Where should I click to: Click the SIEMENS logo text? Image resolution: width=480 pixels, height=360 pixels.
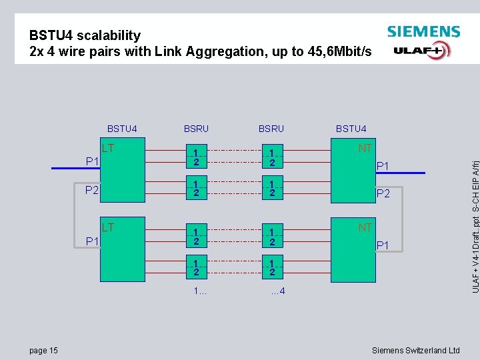(x=423, y=31)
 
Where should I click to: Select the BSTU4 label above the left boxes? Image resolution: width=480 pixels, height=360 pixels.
(x=122, y=129)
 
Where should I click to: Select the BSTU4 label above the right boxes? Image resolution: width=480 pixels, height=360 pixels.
(x=351, y=129)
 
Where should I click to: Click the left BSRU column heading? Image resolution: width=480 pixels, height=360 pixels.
(x=196, y=129)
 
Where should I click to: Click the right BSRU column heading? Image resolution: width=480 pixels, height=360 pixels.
(x=271, y=129)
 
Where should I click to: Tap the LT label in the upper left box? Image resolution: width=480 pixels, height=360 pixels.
(x=108, y=147)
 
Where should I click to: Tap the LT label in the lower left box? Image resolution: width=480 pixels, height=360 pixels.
(x=108, y=227)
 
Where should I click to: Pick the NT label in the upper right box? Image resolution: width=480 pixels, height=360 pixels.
(x=365, y=148)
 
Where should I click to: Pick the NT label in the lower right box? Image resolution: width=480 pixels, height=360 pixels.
(x=365, y=228)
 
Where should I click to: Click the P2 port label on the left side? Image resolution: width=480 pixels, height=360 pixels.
(x=91, y=191)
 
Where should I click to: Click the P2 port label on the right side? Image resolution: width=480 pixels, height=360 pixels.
(x=384, y=194)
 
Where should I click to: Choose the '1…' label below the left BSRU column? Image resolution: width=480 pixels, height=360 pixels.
(x=199, y=291)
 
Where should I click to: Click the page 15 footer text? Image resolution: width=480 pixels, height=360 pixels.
(x=43, y=351)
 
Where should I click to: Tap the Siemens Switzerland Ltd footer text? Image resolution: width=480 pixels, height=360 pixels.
(x=415, y=351)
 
